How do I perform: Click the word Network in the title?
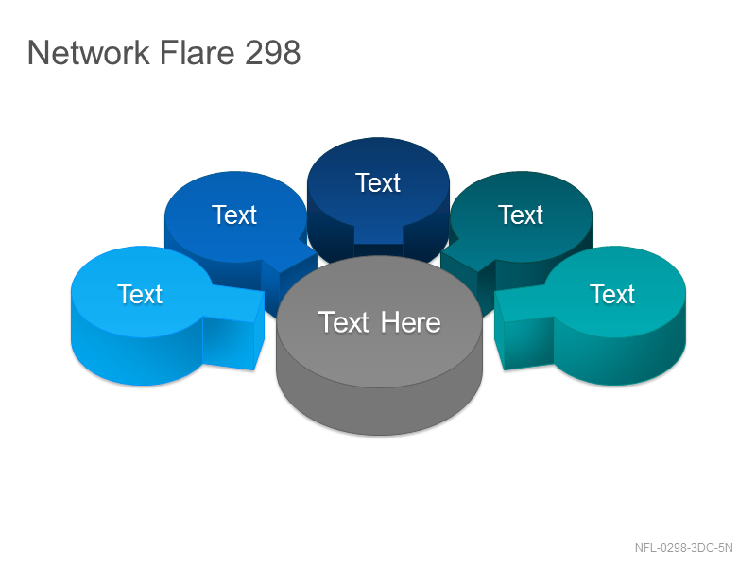click(89, 52)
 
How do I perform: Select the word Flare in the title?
click(198, 52)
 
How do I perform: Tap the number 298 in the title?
click(272, 52)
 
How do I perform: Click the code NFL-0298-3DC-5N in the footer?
click(683, 548)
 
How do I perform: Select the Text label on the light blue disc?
click(140, 294)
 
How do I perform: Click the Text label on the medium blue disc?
click(234, 215)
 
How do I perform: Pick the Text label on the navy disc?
click(378, 182)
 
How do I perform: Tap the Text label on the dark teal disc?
click(521, 215)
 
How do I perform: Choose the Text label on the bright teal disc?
click(612, 294)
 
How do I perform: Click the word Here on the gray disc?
click(411, 322)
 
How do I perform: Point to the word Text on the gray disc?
click(344, 322)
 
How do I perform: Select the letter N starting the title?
click(38, 53)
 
